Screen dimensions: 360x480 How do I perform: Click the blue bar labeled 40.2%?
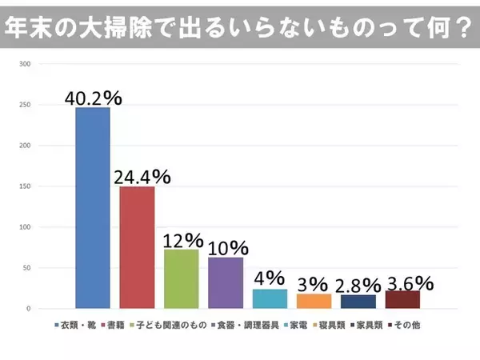point(92,208)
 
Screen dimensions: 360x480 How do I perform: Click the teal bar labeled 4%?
point(270,298)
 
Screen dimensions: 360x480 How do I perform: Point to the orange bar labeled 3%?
point(314,301)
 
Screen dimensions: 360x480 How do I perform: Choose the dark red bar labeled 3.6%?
point(402,299)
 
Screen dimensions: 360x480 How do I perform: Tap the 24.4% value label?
point(137,177)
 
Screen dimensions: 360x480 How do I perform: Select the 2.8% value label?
point(358,286)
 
